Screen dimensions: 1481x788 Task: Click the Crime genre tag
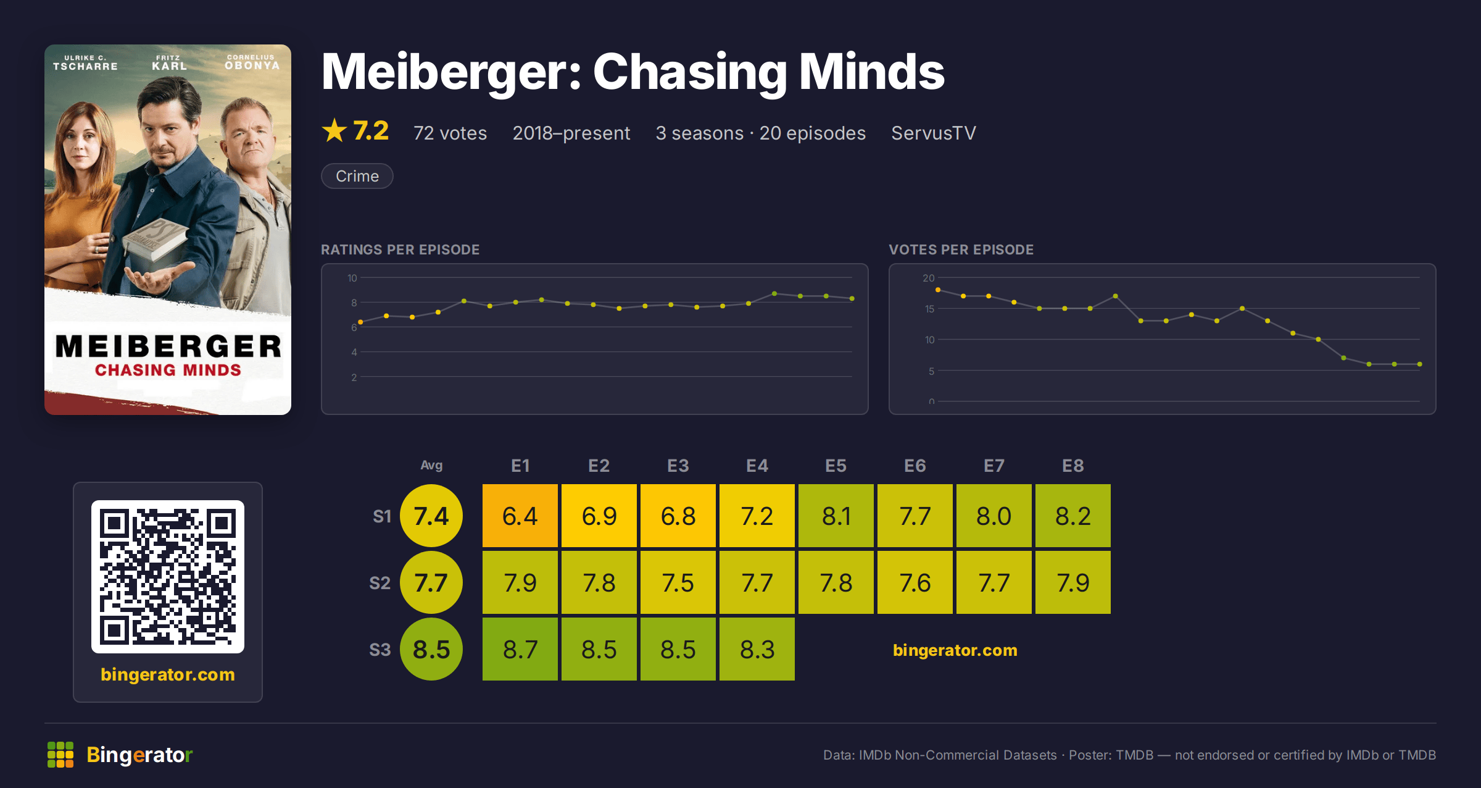pyautogui.click(x=357, y=176)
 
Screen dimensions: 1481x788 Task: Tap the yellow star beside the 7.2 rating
pyautogui.click(x=334, y=130)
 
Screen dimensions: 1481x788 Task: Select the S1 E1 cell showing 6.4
pyautogui.click(x=520, y=516)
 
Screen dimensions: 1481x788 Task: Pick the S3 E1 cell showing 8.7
pyautogui.click(x=520, y=649)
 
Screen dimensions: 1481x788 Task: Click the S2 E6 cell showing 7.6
pyautogui.click(x=915, y=582)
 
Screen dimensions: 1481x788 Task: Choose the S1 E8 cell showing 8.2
pyautogui.click(x=1073, y=516)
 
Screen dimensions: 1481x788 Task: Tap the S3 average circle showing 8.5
pyautogui.click(x=431, y=649)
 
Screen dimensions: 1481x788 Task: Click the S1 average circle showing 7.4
pyautogui.click(x=431, y=516)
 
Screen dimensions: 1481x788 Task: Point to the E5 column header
pyautogui.click(x=836, y=466)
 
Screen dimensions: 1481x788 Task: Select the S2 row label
pyautogui.click(x=380, y=583)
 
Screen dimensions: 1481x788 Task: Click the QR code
pyautogui.click(x=168, y=577)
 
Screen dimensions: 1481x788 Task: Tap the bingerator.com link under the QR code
pyautogui.click(x=168, y=674)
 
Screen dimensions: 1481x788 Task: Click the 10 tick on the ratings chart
pyautogui.click(x=352, y=278)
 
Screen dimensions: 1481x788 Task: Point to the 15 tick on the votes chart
pyautogui.click(x=929, y=309)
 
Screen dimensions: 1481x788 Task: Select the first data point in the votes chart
pyautogui.click(x=938, y=290)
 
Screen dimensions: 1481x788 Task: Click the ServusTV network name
pyautogui.click(x=934, y=133)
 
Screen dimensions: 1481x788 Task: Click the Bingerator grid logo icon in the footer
pyautogui.click(x=60, y=755)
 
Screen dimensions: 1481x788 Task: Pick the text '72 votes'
pyautogui.click(x=450, y=133)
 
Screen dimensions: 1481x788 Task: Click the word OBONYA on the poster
pyautogui.click(x=252, y=65)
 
